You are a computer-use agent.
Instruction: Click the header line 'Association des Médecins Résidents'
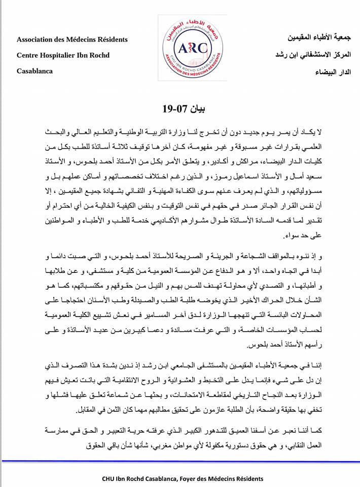pyautogui.click(x=72, y=39)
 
